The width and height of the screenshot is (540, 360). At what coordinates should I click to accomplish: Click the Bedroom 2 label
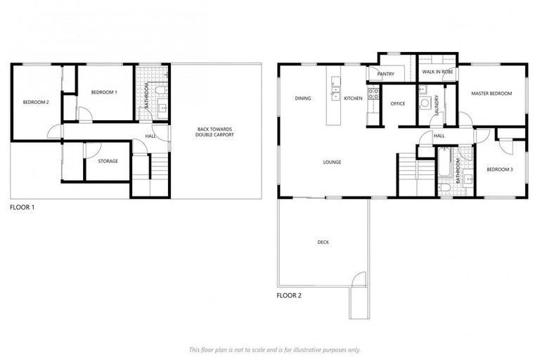(x=36, y=103)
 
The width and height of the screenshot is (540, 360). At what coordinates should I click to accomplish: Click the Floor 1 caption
(x=22, y=208)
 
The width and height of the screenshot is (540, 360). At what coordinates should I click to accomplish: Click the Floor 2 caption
(x=289, y=295)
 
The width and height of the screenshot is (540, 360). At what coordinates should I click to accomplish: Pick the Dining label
(x=303, y=98)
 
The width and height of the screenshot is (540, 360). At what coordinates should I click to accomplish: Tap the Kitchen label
(x=353, y=98)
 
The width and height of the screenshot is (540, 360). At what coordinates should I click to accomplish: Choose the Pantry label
(x=385, y=74)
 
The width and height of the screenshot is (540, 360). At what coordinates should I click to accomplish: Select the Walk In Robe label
(x=437, y=72)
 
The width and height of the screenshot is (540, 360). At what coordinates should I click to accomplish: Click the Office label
(x=398, y=103)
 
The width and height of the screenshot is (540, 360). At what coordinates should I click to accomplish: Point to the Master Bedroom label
(x=491, y=94)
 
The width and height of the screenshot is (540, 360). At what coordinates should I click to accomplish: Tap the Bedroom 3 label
(x=500, y=169)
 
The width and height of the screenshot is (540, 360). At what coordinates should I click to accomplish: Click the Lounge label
(x=332, y=162)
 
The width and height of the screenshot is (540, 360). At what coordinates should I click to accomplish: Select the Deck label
(x=323, y=243)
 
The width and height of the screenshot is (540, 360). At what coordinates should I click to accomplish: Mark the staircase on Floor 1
(x=160, y=169)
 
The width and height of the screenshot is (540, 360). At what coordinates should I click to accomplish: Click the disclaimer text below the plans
(x=274, y=349)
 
